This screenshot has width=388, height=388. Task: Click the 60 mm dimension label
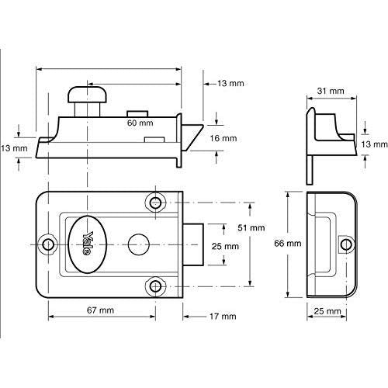click(x=140, y=123)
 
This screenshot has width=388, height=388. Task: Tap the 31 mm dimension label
click(x=331, y=92)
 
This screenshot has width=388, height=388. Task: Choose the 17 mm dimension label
click(x=223, y=317)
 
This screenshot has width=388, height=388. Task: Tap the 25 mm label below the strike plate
click(x=331, y=310)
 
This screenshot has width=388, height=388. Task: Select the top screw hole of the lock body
click(x=156, y=203)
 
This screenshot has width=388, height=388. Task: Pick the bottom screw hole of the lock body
click(x=156, y=286)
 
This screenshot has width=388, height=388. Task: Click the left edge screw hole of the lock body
click(x=49, y=244)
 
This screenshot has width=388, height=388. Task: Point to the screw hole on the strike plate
click(x=341, y=244)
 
